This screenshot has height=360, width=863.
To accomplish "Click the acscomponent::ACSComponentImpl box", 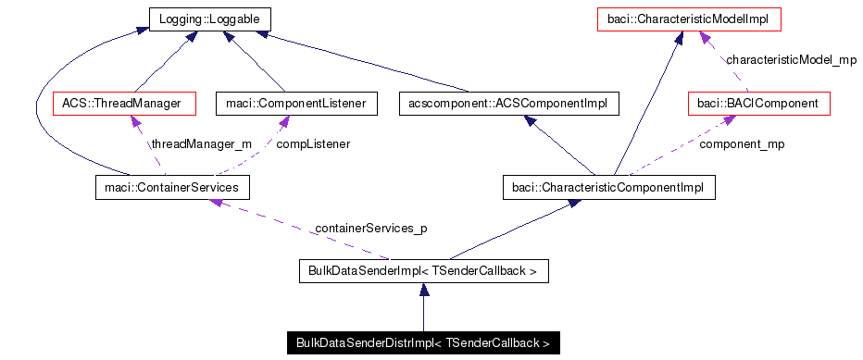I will point(507,104).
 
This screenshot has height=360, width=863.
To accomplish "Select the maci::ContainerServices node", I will point(172,188).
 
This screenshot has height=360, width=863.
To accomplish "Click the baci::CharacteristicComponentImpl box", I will point(607,188).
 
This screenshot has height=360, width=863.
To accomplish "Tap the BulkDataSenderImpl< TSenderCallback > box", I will point(424,271).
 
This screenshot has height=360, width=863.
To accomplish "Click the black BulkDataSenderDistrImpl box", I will point(423,343).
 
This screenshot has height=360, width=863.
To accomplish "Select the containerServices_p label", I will point(370,228).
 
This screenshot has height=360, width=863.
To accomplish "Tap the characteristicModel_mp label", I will point(791,60).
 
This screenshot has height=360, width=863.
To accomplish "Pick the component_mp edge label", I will point(742,144).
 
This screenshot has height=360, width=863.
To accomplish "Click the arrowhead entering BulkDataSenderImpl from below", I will point(423,290).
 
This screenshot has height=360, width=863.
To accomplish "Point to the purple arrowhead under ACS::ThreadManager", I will point(136,121).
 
